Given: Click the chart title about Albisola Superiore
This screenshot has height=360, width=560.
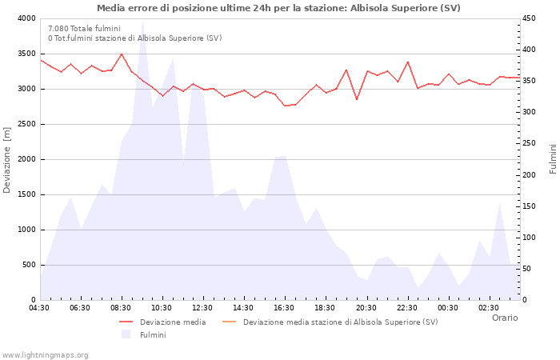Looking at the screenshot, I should (278, 8).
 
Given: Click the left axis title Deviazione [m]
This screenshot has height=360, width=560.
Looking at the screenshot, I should (7, 159).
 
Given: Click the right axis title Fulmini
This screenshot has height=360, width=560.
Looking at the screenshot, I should (552, 159).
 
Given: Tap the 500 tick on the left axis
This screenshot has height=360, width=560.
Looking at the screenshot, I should (28, 265).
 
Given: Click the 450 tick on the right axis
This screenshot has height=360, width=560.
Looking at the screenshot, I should (531, 18).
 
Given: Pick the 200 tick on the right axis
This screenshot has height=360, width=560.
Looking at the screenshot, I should (531, 175).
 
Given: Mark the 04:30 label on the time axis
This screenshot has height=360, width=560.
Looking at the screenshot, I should (40, 308).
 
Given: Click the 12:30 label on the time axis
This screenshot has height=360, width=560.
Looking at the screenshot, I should (202, 308).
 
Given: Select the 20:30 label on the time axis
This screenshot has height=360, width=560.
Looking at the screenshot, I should (366, 308).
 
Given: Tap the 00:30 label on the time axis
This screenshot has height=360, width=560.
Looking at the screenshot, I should (448, 308).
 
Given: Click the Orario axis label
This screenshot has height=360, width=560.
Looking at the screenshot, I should (504, 318).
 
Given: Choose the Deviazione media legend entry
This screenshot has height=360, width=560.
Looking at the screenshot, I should (172, 322).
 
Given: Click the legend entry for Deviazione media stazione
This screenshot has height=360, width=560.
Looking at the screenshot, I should (340, 322).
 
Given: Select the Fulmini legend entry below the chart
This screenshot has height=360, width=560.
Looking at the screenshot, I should (153, 335).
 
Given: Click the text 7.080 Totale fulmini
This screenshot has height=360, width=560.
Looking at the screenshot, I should (84, 28).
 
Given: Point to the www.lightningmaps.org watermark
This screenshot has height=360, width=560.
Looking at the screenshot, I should (46, 354).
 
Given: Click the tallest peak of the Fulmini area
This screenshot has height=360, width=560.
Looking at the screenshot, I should (142, 24).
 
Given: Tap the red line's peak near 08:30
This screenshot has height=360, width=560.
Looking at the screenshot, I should (122, 54).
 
